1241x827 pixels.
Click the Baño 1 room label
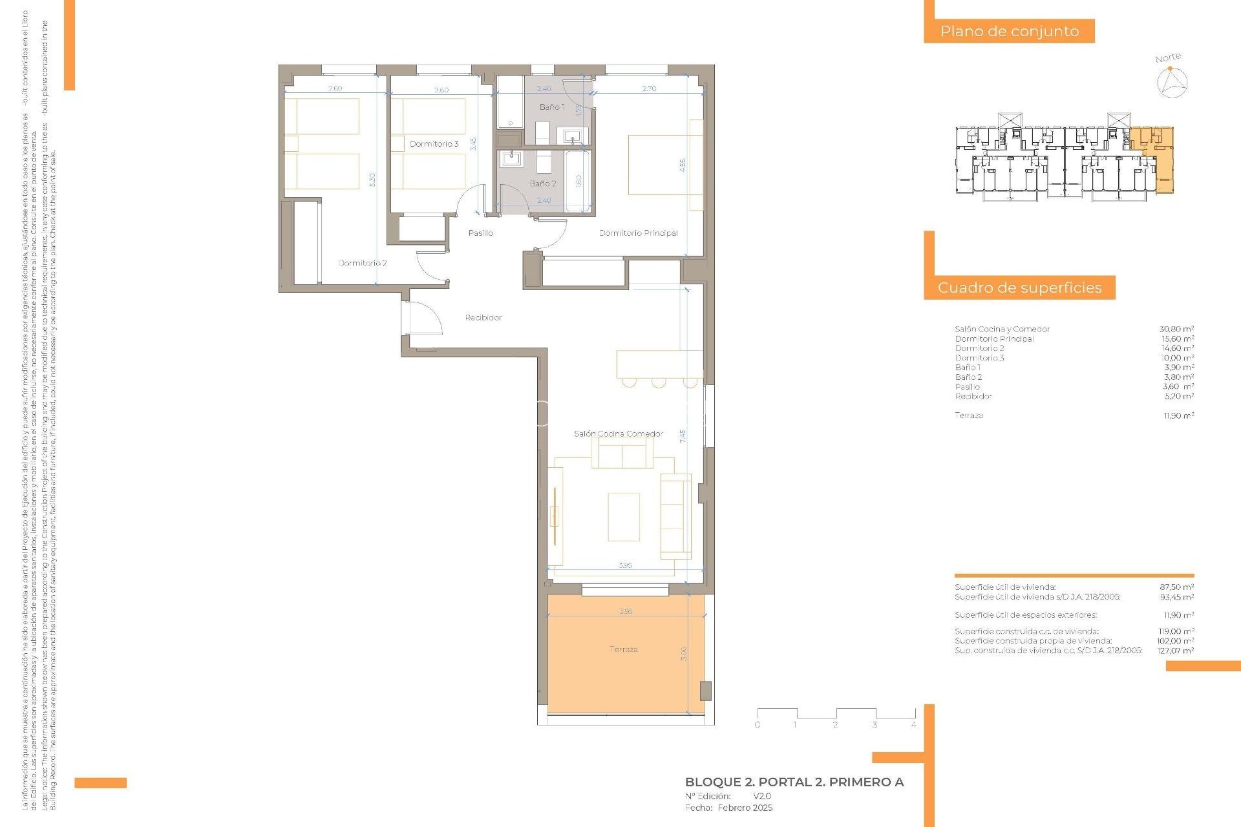pos(552,107)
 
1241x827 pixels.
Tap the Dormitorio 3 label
pos(434,143)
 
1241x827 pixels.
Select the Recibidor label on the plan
pos(483,317)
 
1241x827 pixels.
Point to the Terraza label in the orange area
pos(624,649)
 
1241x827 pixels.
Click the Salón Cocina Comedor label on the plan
pos(619,434)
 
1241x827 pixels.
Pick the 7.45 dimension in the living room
pos(683,436)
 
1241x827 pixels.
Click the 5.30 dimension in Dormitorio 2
pos(372,180)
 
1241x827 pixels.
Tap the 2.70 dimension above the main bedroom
pos(649,89)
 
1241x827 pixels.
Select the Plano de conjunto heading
pos(1009,31)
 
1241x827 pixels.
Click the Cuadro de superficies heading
pos(1019,288)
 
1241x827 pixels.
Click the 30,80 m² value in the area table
pos(1176,329)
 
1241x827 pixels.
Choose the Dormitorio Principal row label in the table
pos(994,339)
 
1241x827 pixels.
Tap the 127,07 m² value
pos(1176,651)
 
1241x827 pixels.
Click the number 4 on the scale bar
pos(913,724)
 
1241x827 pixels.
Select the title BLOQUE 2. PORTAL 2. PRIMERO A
pos(794,782)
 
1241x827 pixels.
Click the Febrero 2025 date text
pos(745,808)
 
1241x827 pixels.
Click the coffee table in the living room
pos(624,517)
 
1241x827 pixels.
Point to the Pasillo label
pos(481,233)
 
